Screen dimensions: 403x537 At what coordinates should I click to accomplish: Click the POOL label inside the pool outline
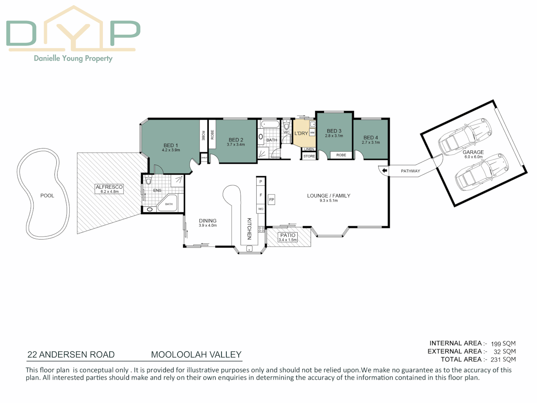pos(47,196)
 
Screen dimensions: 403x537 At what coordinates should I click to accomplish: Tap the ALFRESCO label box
pos(109,189)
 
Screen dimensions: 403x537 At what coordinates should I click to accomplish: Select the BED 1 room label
pos(171,146)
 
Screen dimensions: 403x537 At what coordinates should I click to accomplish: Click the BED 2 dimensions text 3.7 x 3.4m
pos(236,145)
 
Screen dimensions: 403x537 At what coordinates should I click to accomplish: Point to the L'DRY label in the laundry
pos(301,133)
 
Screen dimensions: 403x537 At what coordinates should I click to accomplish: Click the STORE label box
pos(309,156)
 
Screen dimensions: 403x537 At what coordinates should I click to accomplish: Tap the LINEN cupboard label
pos(309,149)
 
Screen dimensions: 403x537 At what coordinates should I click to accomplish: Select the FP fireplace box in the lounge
pos(271,200)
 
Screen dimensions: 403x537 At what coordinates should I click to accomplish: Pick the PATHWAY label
pos(410,171)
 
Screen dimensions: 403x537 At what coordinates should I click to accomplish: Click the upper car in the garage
pos(465,136)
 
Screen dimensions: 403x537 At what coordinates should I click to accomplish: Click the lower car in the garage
pos(481,171)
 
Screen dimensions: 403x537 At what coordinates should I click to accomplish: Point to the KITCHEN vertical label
pos(249,229)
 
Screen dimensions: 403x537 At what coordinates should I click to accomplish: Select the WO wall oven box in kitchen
pos(261,209)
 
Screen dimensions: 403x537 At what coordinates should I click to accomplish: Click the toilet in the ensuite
pos(148,181)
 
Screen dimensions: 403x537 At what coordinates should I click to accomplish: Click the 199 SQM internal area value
pos(503,344)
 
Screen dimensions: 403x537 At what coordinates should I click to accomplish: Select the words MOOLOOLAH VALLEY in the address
pos(196,354)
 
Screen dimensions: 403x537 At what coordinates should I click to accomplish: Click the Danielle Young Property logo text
pos(73,58)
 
